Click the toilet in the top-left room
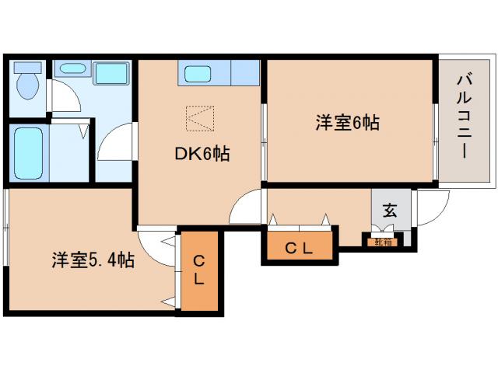point(29,84)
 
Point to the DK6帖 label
point(201,155)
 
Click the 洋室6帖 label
point(347,123)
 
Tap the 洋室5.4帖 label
point(93,260)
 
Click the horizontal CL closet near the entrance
point(298,249)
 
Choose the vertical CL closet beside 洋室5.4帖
point(198,270)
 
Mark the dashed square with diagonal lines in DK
point(199,119)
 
